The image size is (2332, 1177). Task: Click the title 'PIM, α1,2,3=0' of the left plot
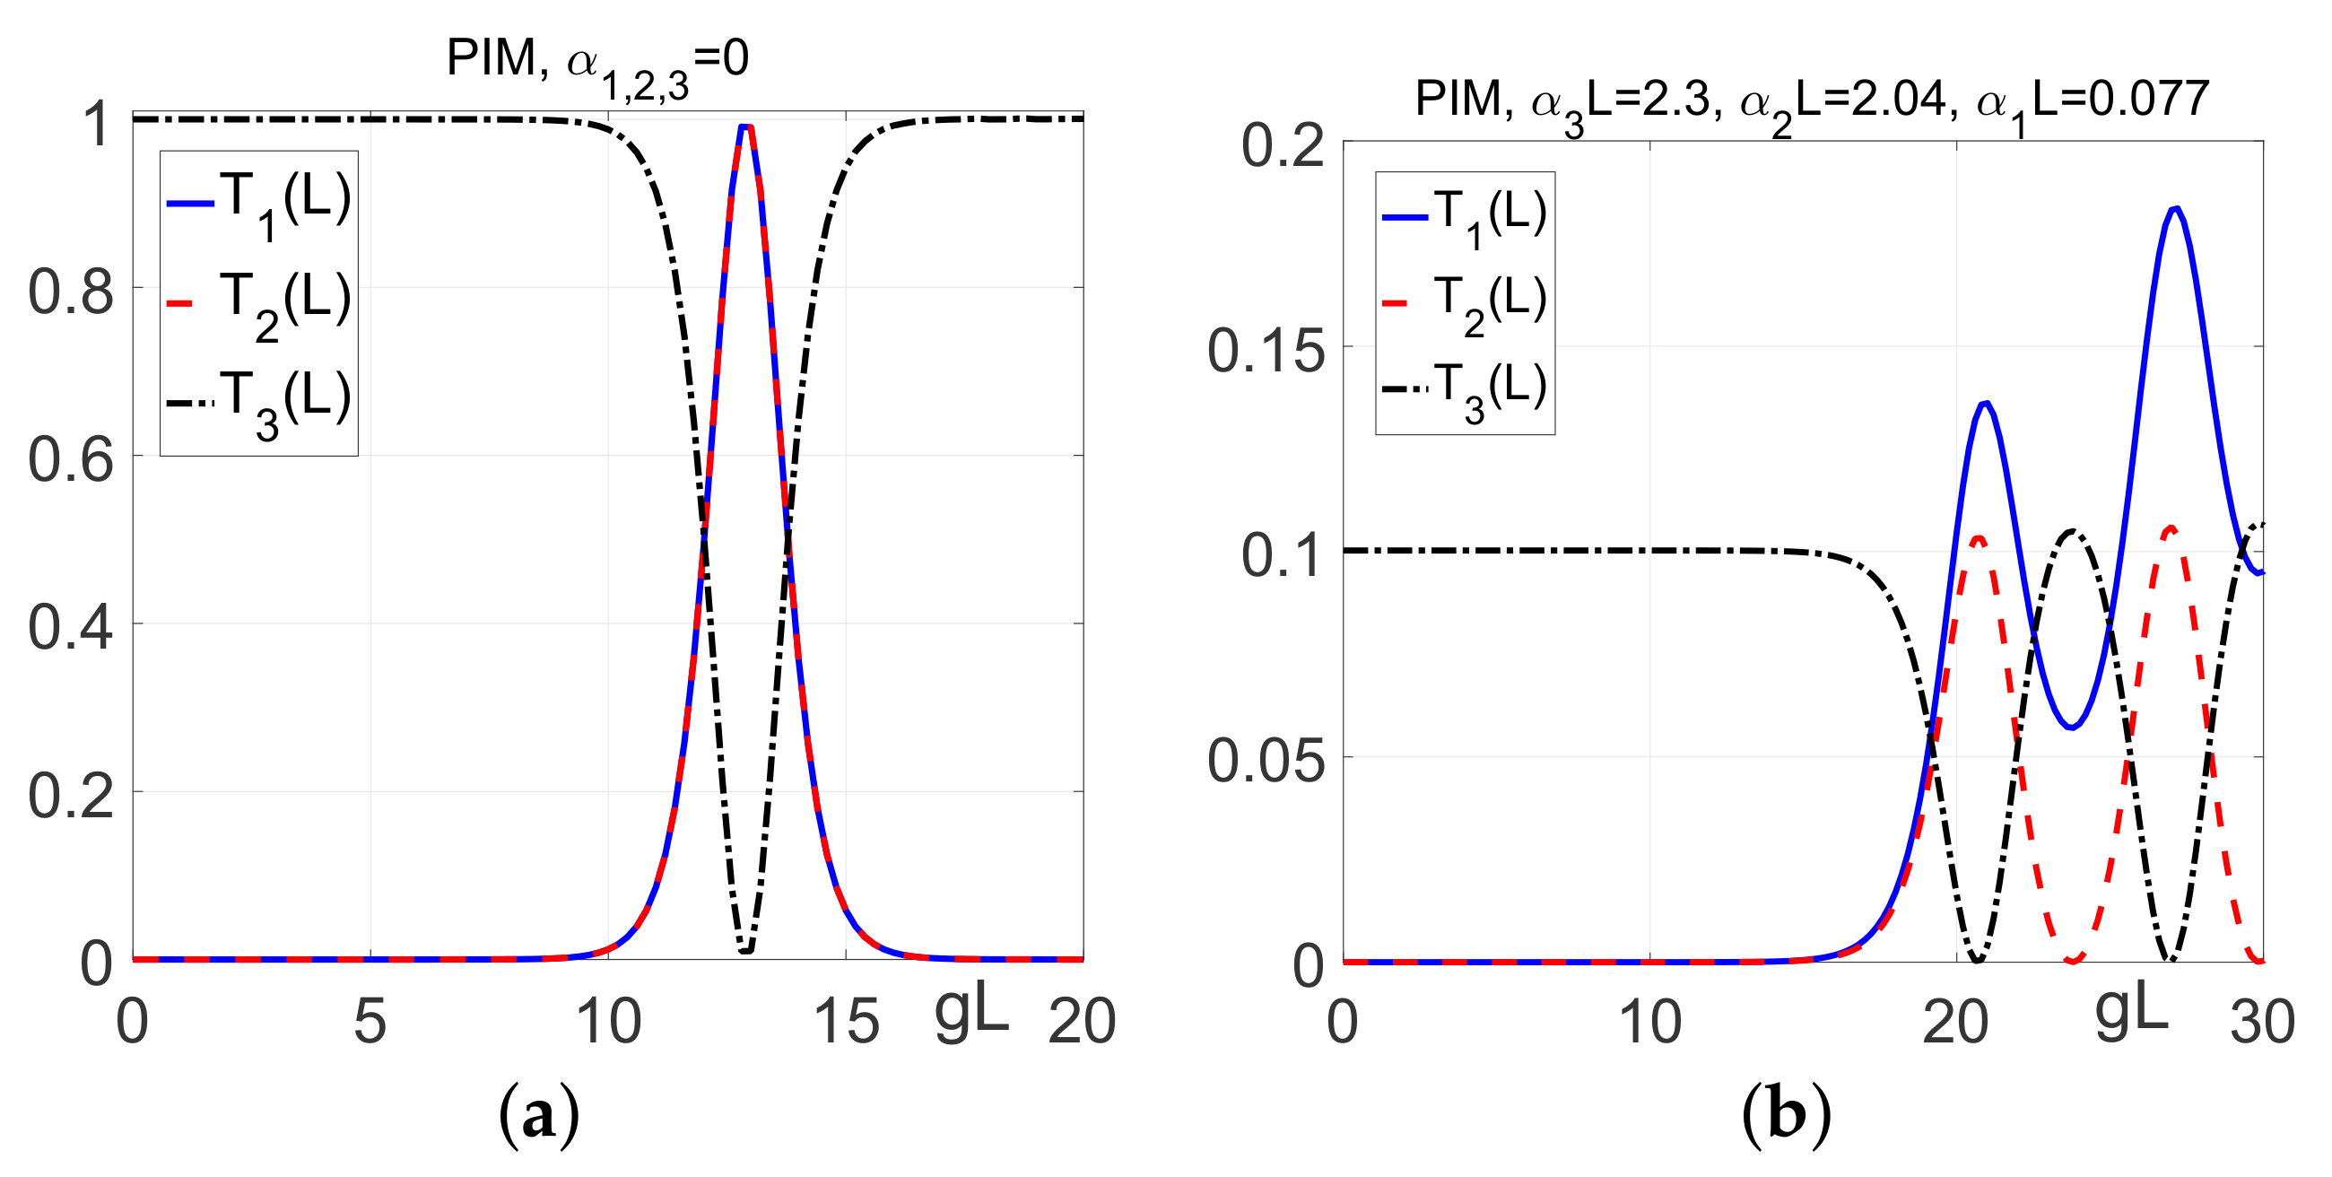[597, 62]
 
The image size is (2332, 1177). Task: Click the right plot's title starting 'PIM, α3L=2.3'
[1811, 101]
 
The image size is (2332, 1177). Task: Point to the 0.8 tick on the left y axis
[71, 292]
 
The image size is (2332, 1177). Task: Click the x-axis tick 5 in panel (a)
[370, 1021]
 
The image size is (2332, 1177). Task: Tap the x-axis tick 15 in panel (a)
[846, 1021]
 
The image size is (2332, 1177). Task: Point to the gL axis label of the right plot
[2131, 1012]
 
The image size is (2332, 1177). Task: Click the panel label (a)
[539, 1115]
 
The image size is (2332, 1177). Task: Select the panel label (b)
[1786, 1115]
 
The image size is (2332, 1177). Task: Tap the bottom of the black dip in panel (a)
[745, 951]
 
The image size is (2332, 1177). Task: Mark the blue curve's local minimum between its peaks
[2071, 727]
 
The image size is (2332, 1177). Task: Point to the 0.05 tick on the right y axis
[1266, 761]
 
